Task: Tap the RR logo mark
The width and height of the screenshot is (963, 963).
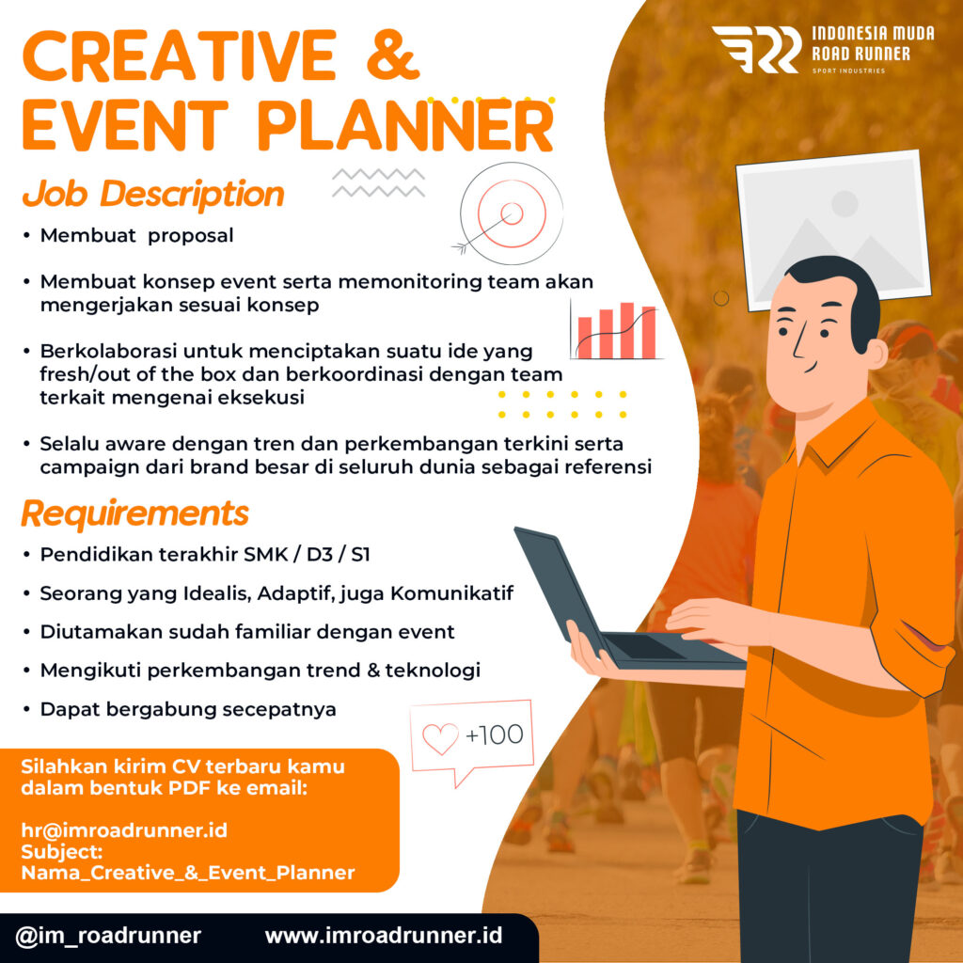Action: pos(757,49)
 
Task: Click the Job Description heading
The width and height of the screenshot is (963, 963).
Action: pos(153,194)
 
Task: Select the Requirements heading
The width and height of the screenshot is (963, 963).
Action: pos(135,513)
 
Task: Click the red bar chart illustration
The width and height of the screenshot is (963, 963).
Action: pos(615,330)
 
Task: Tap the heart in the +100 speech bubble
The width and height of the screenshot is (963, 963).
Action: pos(440,738)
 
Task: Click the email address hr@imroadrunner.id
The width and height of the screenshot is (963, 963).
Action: pos(125,830)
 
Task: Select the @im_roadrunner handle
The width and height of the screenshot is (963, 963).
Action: pos(109,936)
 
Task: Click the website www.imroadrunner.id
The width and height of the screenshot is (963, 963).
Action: pos(384,936)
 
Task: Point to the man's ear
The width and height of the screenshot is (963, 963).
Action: pos(876,355)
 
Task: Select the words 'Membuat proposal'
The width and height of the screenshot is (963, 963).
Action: pos(137,236)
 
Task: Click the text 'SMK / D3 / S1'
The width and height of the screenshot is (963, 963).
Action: pos(308,555)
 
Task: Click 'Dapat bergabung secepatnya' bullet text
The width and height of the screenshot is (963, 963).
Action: pos(188,709)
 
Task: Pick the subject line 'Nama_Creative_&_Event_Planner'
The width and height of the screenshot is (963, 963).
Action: pos(188,872)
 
